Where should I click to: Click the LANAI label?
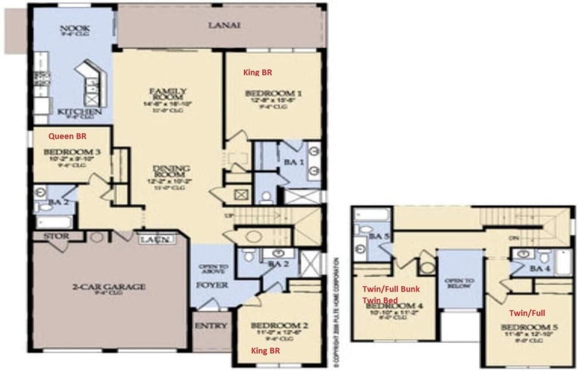[224, 25]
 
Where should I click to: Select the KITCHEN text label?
[75, 112]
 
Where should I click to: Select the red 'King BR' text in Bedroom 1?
[257, 72]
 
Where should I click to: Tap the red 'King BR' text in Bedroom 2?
[264, 350]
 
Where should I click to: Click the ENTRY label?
[211, 327]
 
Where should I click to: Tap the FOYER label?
[213, 284]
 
